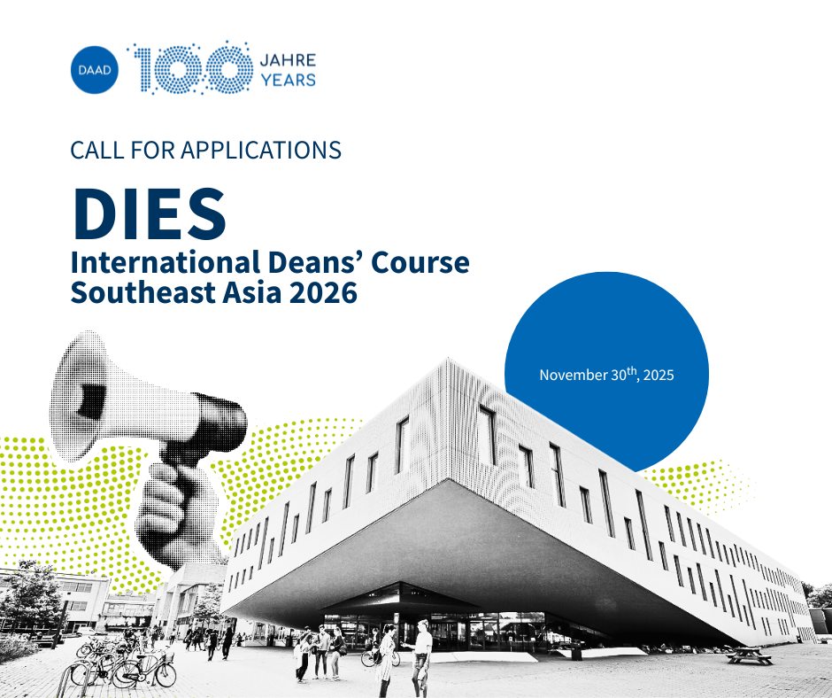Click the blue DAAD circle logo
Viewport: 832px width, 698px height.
point(95,70)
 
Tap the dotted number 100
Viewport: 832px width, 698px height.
point(189,68)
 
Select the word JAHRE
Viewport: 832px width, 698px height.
point(289,59)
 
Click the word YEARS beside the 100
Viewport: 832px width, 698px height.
point(289,81)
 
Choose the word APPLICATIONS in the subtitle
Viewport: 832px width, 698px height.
point(261,150)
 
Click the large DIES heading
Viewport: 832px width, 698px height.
point(149,213)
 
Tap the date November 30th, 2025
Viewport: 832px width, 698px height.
point(606,375)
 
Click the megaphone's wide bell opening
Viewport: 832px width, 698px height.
point(80,396)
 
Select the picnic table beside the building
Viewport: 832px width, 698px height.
point(750,656)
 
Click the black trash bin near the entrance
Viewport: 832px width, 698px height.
point(577,651)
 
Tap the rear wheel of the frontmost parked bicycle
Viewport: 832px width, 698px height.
point(165,674)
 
